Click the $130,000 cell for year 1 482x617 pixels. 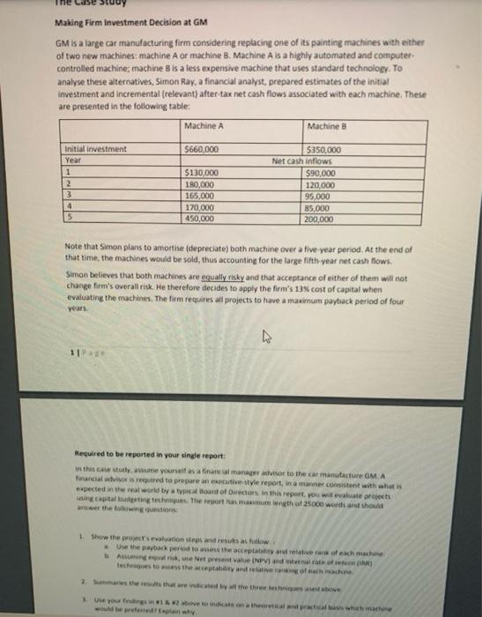[x=204, y=174]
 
